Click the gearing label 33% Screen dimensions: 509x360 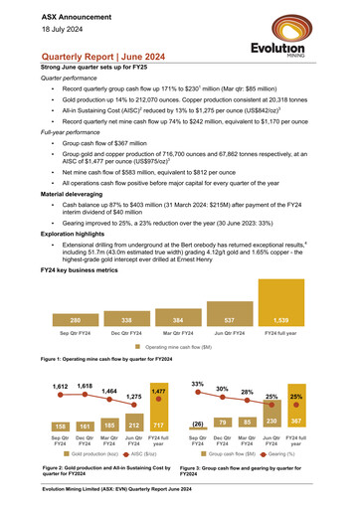(x=199, y=356)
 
